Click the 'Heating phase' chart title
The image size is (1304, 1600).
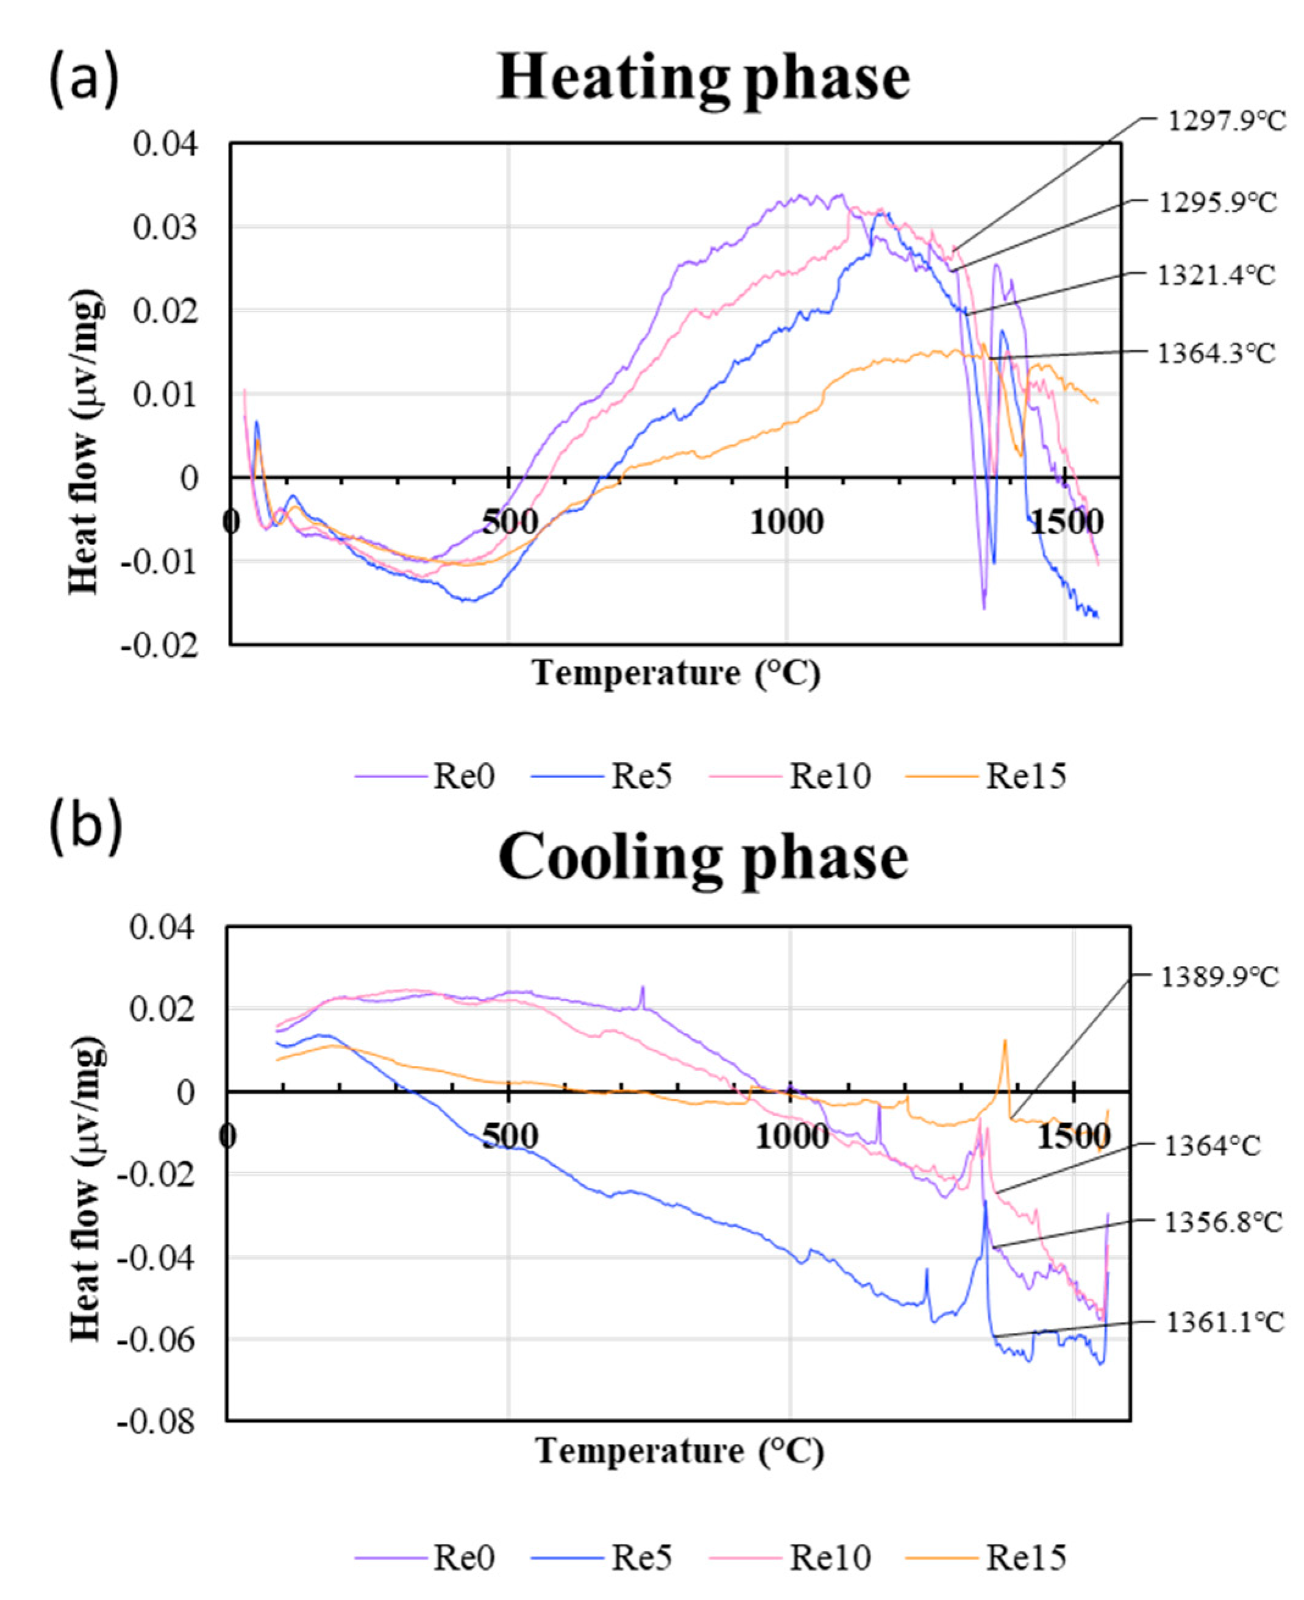[704, 79]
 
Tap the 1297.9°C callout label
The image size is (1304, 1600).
[1227, 121]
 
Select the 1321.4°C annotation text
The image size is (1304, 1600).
[1216, 275]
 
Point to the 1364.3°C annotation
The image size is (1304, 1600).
[1216, 353]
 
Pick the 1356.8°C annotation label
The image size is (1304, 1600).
[1223, 1222]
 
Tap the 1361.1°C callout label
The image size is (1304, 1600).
[1224, 1322]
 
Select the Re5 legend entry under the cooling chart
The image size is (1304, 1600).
[641, 1558]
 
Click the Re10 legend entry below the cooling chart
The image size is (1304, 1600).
[829, 1558]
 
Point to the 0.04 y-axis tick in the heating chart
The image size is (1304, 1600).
[165, 143]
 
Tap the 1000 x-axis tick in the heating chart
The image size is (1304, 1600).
[786, 522]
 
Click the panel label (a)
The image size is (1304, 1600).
[84, 79]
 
